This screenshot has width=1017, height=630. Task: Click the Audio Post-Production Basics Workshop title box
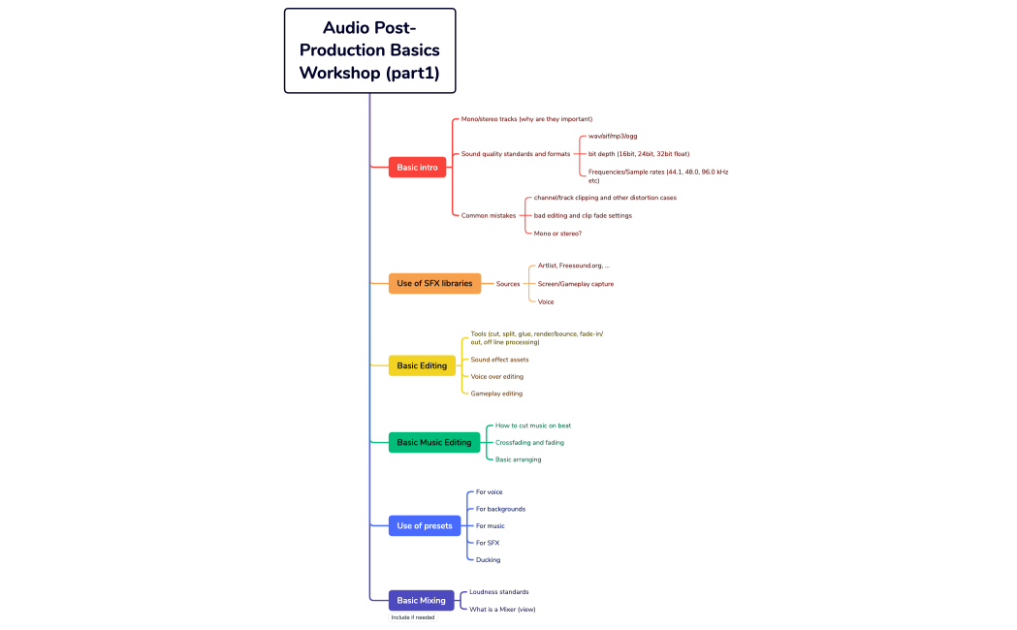pos(369,50)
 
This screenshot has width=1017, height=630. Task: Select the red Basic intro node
pos(417,168)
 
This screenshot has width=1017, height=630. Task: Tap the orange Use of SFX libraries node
pos(434,284)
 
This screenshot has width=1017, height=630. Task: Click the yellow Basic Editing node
pos(422,365)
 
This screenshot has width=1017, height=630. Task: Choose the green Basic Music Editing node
pos(433,442)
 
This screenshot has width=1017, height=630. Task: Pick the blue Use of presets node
pos(424,525)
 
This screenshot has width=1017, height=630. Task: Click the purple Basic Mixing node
pos(421,601)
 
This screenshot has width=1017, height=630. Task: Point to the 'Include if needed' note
pos(413,617)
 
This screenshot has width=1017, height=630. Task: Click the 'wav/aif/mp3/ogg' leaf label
pos(613,137)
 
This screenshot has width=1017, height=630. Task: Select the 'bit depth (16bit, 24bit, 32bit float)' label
pos(639,154)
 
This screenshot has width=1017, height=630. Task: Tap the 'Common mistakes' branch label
pos(489,215)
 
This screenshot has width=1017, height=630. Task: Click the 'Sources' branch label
pos(508,284)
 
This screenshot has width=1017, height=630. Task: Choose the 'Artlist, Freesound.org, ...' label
pos(573,266)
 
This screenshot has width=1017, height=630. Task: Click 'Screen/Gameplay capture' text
pos(575,284)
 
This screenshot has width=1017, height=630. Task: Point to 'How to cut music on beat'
pos(540,425)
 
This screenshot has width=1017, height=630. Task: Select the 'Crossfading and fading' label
pos(529,442)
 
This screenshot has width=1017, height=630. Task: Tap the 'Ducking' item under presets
pos(488,559)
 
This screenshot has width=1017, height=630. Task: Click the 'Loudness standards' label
pos(498,591)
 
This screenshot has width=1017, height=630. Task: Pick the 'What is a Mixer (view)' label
pos(502,610)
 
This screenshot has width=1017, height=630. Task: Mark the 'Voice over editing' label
pos(496,376)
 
